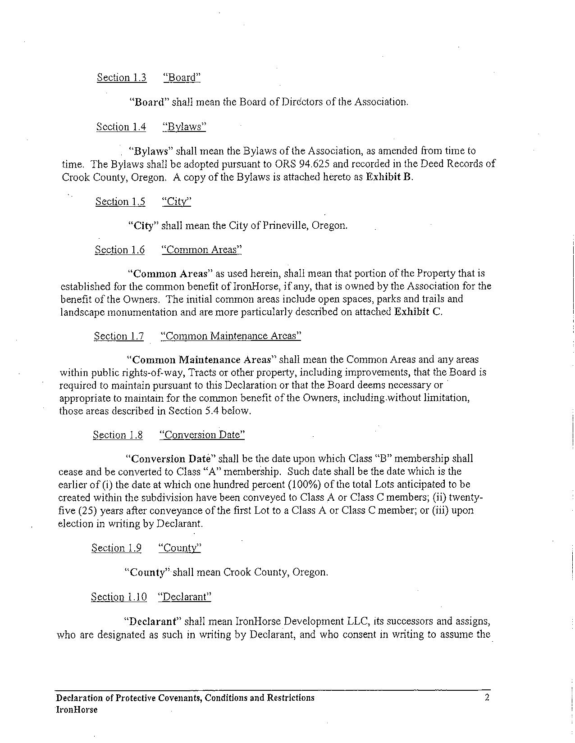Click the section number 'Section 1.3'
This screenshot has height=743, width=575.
121,77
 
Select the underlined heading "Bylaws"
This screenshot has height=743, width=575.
184,127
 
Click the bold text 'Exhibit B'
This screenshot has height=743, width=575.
389,177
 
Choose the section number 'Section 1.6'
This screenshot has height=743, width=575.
119,250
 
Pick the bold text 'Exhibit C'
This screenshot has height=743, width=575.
418,312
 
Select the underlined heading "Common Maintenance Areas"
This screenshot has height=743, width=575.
230,336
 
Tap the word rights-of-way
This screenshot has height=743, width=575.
156,372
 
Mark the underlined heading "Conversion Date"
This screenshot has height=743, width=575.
202,435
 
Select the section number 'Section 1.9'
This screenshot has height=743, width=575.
116,548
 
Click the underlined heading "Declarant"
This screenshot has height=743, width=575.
184,597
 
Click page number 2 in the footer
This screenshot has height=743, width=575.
487,698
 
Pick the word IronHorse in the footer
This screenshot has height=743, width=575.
77,710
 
